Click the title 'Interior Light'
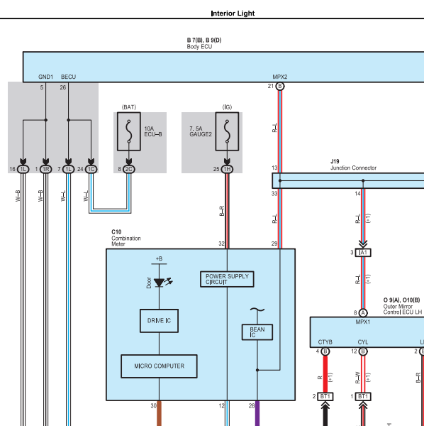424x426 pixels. coord(233,13)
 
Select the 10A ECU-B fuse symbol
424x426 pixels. coord(129,131)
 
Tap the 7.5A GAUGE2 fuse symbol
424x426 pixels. coord(227,131)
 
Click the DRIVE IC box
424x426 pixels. coord(159,321)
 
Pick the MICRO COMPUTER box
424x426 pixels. coord(159,366)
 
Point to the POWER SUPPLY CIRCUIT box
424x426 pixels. coord(227,279)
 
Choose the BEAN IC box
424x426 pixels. coord(257,332)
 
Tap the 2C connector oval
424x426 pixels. coord(129,169)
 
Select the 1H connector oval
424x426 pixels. coord(227,169)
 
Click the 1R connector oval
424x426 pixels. coord(46,169)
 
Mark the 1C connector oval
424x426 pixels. coord(91,169)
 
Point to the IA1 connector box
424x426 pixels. coord(363,253)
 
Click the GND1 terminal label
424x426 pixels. coord(46,77)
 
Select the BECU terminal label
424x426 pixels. coord(68,77)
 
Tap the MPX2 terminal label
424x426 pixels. coord(280,77)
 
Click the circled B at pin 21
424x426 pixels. coord(280,87)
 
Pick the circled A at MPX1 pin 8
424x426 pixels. coord(363,313)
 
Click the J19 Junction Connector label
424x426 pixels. coord(353,165)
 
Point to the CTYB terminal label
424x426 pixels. coord(325,342)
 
